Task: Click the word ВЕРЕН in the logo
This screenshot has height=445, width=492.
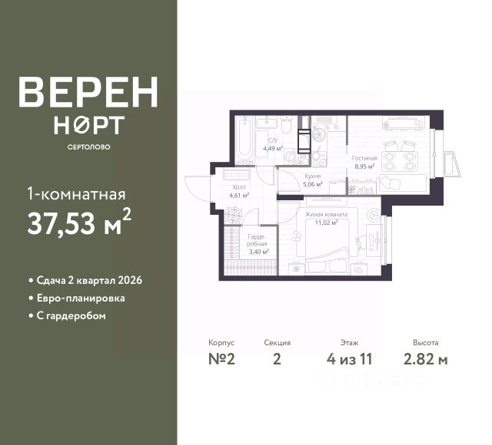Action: [x=88, y=92]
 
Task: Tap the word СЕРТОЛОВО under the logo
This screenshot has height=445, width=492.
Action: [x=88, y=147]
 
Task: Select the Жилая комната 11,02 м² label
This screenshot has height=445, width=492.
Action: [x=326, y=218]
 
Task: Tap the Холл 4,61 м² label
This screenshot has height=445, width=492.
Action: [x=235, y=190]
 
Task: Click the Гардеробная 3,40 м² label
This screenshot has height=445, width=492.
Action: [x=258, y=246]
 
